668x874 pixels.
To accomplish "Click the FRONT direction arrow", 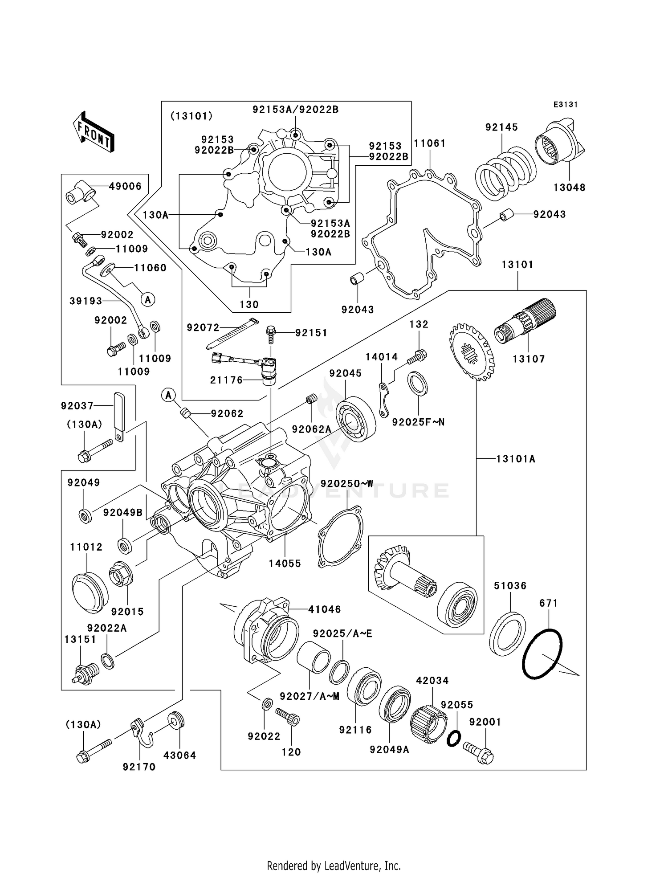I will tap(94, 133).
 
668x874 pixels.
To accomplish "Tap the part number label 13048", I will tap(569, 188).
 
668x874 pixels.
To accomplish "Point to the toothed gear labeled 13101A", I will tap(472, 352).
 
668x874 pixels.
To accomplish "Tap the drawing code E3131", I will tap(565, 105).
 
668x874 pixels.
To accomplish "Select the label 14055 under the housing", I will tap(285, 563).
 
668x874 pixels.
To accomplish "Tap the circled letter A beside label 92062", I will tap(168, 394).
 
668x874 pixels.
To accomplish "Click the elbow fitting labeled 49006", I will tap(81, 192).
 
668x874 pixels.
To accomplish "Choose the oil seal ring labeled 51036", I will tap(507, 633).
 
